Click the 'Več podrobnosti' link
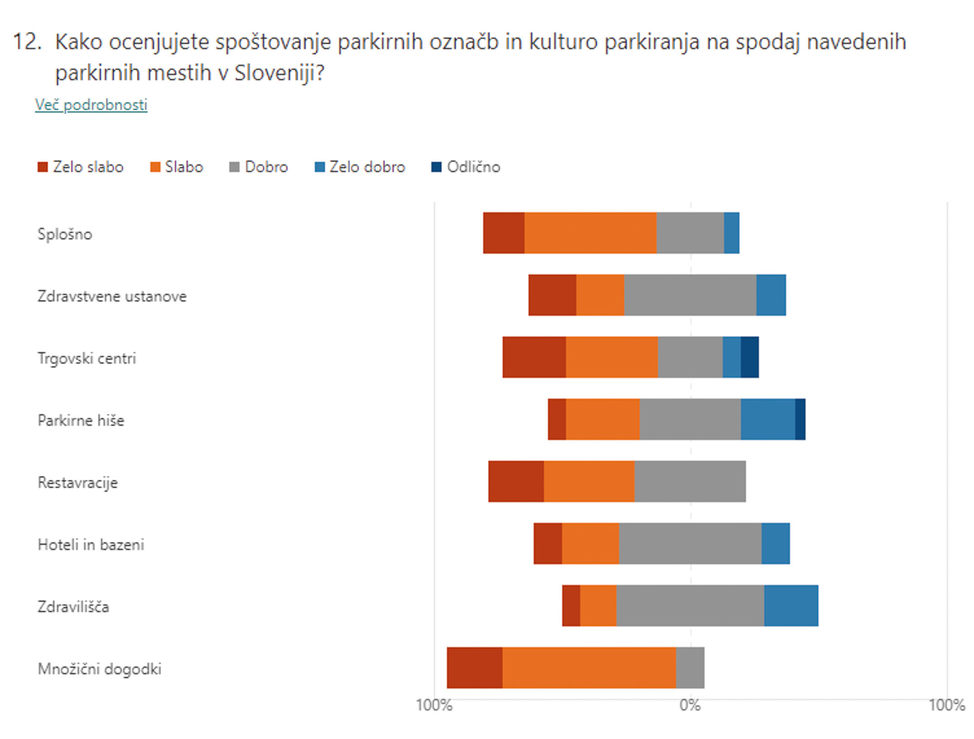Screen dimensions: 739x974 tap(91, 105)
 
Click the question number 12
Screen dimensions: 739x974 tap(27, 42)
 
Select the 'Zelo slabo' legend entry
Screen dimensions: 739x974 tap(80, 167)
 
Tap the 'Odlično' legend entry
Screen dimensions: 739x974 tap(466, 167)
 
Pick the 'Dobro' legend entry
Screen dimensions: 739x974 tap(258, 167)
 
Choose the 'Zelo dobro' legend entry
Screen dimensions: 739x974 tap(360, 167)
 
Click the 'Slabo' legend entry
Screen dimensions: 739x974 tap(176, 167)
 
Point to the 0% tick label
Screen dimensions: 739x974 tap(690, 705)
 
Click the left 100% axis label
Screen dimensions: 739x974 tap(434, 705)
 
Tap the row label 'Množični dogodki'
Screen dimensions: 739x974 tap(99, 669)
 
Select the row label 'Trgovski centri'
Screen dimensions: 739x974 tap(87, 358)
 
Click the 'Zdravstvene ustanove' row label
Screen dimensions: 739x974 tap(112, 296)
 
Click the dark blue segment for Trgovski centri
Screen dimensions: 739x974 tap(749, 357)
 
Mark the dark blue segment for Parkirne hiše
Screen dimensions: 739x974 tap(800, 419)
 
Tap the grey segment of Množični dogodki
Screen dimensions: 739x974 tap(690, 668)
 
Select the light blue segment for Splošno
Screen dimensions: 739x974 tap(731, 233)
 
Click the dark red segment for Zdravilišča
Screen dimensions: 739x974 tap(571, 606)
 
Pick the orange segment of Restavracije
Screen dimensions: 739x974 tap(589, 481)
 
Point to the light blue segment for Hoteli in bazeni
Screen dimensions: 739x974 tap(776, 543)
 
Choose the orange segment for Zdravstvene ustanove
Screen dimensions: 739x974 tap(600, 295)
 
